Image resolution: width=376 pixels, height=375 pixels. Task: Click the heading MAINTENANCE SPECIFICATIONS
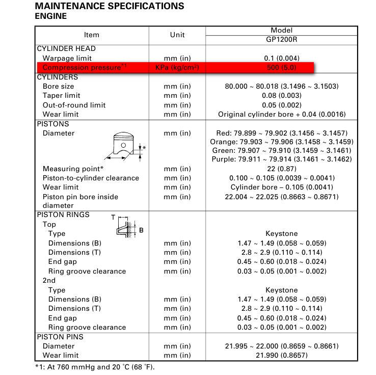[110, 6]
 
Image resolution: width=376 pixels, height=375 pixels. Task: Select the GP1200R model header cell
[281, 39]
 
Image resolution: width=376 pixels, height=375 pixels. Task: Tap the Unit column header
[177, 35]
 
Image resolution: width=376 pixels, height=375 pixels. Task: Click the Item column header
[92, 35]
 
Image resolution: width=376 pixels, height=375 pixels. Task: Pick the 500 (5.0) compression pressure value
[281, 67]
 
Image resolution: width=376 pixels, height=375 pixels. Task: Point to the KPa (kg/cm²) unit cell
[177, 67]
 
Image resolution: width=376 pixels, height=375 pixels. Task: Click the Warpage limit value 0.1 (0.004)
[281, 58]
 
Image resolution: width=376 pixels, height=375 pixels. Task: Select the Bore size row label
[58, 86]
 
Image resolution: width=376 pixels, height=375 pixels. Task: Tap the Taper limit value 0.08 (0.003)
[281, 95]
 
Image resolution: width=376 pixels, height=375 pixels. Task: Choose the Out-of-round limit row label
[74, 105]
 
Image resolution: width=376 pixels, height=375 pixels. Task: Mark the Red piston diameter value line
[281, 133]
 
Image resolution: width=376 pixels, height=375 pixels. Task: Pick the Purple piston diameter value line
[281, 159]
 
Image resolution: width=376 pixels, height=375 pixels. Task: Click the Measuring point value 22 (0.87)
[281, 169]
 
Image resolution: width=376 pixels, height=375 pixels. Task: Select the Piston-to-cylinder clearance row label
[91, 178]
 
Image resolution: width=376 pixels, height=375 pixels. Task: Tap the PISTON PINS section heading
[60, 337]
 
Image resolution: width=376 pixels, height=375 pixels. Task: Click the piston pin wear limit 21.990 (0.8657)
[281, 355]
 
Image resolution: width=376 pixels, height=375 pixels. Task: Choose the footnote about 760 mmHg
[94, 367]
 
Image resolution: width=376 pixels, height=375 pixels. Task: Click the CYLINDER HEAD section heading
[66, 48]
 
